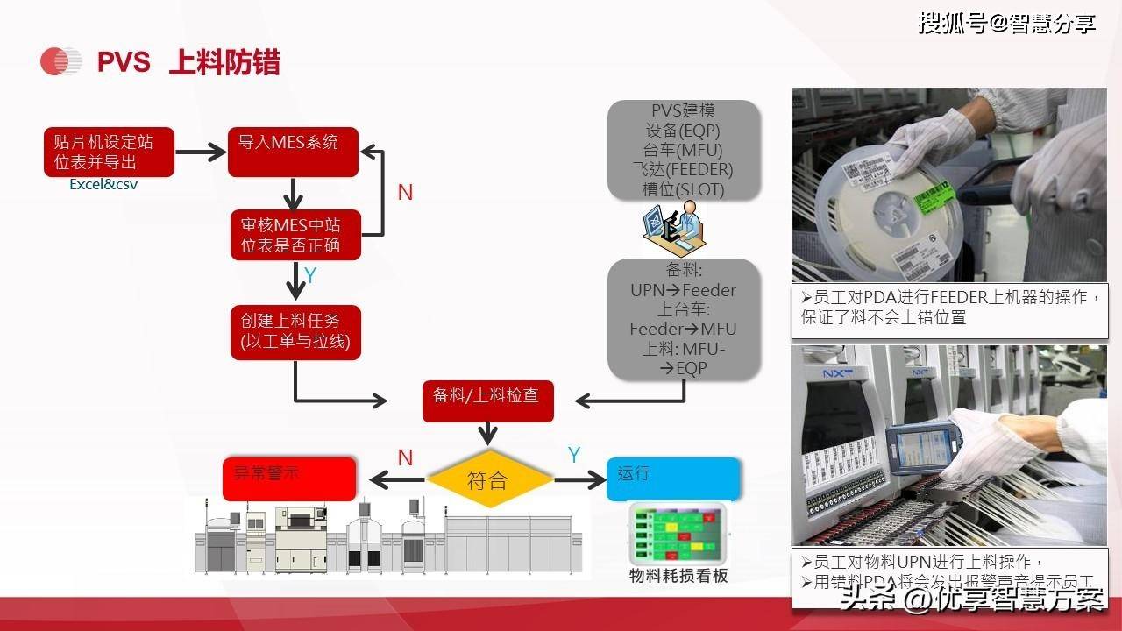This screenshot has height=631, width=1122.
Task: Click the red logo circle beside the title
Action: [60, 61]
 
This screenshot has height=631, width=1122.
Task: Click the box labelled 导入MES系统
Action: [293, 152]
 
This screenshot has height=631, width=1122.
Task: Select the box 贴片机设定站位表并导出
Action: [110, 152]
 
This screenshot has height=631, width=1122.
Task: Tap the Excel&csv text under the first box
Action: [103, 185]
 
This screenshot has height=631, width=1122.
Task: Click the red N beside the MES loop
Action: [405, 193]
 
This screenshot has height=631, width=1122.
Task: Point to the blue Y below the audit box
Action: [310, 276]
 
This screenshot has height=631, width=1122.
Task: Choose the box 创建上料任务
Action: [295, 331]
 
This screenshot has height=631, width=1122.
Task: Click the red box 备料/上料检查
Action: [487, 397]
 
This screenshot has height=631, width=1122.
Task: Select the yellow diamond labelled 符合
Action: [488, 480]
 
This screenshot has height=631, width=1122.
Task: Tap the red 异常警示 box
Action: [289, 479]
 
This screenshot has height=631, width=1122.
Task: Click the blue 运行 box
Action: [673, 479]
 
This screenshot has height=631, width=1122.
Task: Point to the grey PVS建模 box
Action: [683, 150]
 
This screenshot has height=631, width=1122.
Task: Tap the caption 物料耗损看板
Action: [678, 576]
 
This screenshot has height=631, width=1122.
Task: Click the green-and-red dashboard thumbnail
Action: [678, 534]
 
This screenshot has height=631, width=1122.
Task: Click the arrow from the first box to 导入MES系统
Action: [201, 152]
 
